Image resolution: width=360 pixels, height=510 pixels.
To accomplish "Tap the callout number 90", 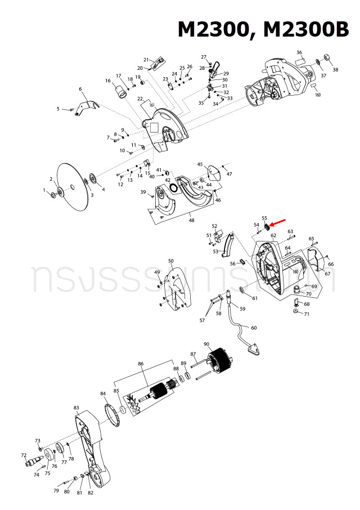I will pos(206,345).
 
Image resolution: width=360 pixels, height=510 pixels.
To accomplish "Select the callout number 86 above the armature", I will pos(141,364).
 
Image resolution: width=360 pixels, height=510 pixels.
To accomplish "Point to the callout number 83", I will pos(76,408).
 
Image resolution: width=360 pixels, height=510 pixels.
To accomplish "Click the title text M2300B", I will pos(305,30).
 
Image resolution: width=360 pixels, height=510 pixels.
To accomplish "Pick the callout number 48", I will pos(192,220).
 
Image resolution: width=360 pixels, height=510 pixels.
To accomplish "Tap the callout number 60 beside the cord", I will pos(254,328).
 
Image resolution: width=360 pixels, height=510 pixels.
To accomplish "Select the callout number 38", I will pos(336,70).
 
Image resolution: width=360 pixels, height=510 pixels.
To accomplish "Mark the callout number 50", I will pos(171,261).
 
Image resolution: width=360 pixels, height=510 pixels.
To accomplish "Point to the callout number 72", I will pos(24,455).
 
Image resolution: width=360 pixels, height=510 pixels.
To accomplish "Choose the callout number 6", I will pos(80,89).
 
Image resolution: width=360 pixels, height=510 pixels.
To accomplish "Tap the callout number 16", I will pos(107,80).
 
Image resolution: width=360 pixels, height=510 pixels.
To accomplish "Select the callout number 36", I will pos(299,52).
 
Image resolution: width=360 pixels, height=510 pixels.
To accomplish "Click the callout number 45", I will pos(200,164).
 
